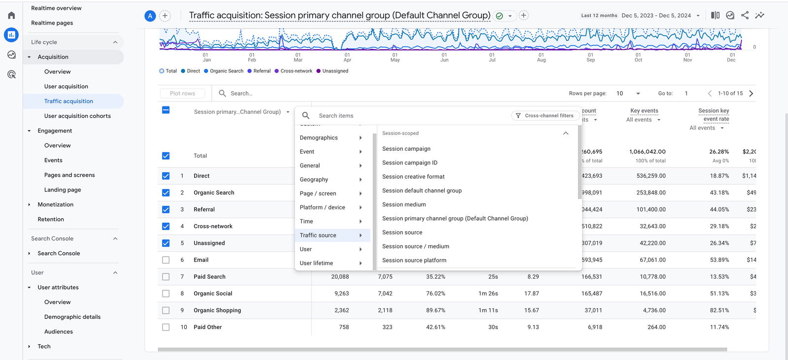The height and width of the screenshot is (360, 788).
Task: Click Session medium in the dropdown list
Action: click(x=404, y=204)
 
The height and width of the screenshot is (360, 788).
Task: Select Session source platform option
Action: click(x=414, y=260)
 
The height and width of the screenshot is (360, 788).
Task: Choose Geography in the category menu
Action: click(x=314, y=180)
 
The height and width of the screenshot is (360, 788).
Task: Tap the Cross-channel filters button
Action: click(x=545, y=116)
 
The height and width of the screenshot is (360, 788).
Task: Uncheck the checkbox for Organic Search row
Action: click(x=166, y=193)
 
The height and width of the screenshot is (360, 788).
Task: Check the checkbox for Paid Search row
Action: click(x=166, y=277)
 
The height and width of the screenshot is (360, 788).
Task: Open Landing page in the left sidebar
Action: click(x=63, y=190)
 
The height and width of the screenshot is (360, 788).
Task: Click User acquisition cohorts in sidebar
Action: click(x=77, y=116)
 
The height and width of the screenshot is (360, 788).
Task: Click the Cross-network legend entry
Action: click(x=296, y=71)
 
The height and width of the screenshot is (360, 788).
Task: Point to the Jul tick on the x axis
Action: click(x=492, y=57)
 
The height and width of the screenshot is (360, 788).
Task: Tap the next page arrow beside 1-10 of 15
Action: click(x=751, y=94)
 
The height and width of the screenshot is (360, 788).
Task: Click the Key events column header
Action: click(x=644, y=111)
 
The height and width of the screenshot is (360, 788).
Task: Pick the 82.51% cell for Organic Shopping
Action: click(x=719, y=310)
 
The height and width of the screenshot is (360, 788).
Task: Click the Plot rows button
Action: click(x=182, y=94)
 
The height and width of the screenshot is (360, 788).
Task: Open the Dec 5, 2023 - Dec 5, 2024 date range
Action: click(x=660, y=15)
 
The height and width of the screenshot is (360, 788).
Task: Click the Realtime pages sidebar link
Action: click(x=52, y=23)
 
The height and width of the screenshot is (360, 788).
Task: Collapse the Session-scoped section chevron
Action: click(x=565, y=133)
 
